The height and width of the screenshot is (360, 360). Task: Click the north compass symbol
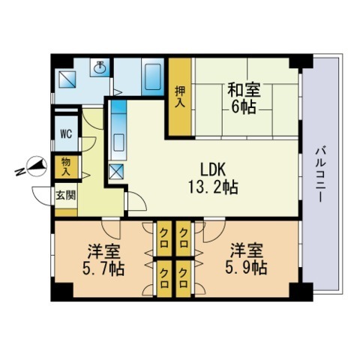pos(37,166)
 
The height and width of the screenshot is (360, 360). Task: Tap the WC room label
pos(66,134)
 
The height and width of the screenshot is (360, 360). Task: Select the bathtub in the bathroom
pos(153,77)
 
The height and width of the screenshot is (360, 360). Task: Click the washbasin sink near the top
pos(100,66)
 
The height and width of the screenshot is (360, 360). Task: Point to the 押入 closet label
pos(180,97)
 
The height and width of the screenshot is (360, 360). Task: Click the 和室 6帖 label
pos(244,98)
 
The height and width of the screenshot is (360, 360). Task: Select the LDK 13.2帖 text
pos(213,178)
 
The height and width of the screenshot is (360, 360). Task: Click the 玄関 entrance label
pos(65,195)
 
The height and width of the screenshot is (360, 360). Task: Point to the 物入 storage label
pos(66,166)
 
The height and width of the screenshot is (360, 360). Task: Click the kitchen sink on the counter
pos(118,142)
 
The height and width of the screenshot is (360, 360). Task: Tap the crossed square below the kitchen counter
pos(116,172)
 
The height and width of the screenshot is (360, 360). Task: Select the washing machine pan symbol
pos(67,79)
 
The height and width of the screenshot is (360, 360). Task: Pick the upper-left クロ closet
pos(164,238)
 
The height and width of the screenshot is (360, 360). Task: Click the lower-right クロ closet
pos(184,278)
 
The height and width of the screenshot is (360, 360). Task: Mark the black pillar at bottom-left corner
pos(62,292)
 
